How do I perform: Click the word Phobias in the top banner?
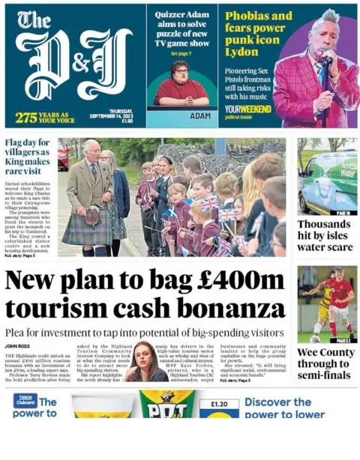point(247,16)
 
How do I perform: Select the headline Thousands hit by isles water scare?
point(324,235)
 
